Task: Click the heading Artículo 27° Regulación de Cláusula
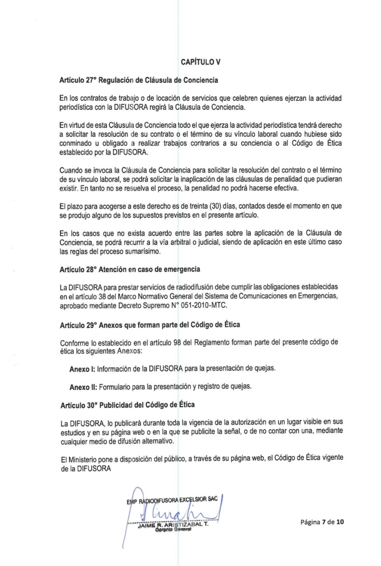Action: coord(139,80)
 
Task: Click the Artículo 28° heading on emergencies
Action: coord(130,270)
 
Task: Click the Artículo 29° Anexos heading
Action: coord(150,325)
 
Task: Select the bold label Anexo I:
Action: coord(82,369)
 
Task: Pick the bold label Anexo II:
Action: coord(83,387)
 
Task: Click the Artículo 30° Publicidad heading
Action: coord(127,405)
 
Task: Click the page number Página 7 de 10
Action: coord(322,522)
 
